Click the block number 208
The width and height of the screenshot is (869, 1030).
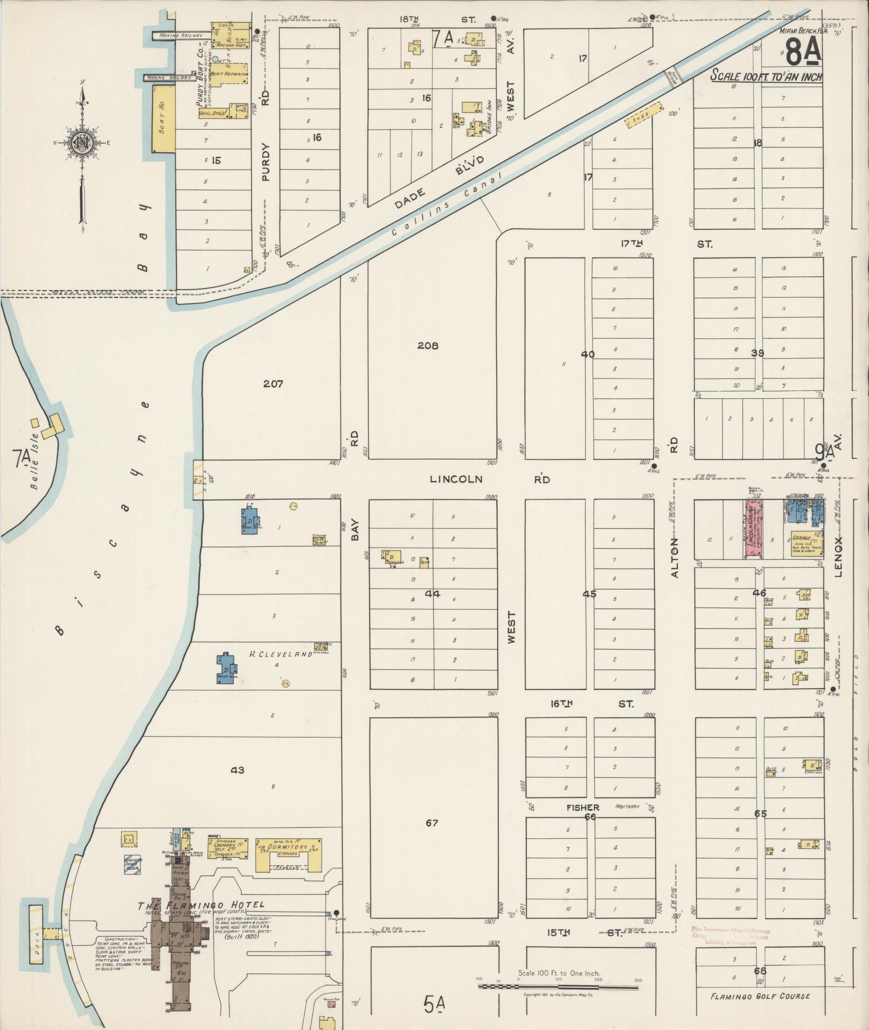click(x=428, y=346)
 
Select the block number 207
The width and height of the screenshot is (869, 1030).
click(x=273, y=384)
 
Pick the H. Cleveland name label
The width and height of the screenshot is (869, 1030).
click(x=280, y=654)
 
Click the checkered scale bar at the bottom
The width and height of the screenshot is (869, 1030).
click(x=558, y=987)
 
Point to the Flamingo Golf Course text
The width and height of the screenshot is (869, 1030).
click(x=760, y=996)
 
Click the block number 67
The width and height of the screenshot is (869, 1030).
click(x=432, y=823)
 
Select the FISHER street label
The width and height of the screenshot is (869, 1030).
click(x=582, y=807)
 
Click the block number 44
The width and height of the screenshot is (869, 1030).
click(x=433, y=594)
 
